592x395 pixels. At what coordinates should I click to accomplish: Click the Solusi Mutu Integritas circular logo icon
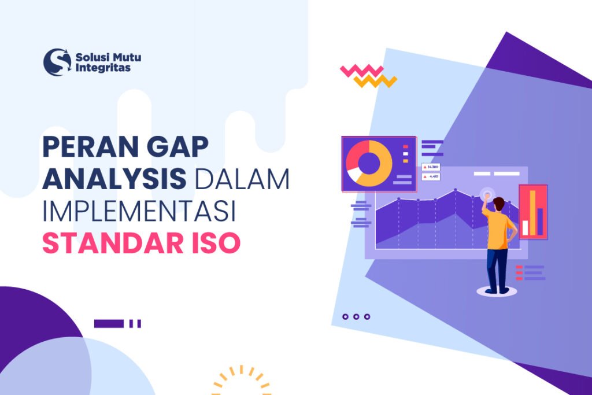click(x=57, y=62)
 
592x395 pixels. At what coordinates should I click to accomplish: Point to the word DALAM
click(x=242, y=180)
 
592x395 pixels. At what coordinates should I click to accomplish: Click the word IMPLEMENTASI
click(x=139, y=212)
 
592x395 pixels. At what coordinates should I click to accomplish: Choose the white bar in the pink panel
click(x=525, y=227)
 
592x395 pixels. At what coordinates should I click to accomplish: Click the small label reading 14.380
click(x=431, y=167)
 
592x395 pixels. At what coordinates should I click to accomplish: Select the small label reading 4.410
click(x=431, y=176)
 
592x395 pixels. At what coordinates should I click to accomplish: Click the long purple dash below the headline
click(x=109, y=324)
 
